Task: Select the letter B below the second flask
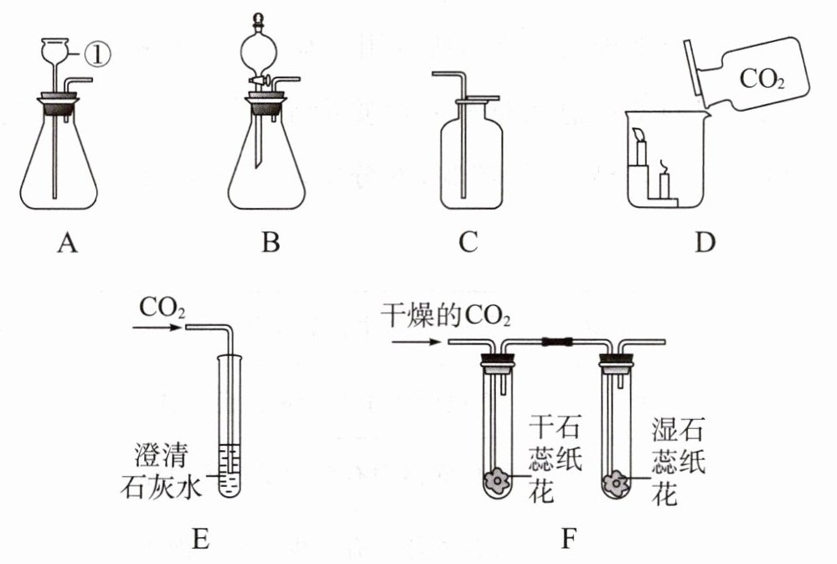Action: (270, 244)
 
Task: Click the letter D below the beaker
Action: (705, 244)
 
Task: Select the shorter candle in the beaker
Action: (666, 182)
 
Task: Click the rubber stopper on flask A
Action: (58, 106)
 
